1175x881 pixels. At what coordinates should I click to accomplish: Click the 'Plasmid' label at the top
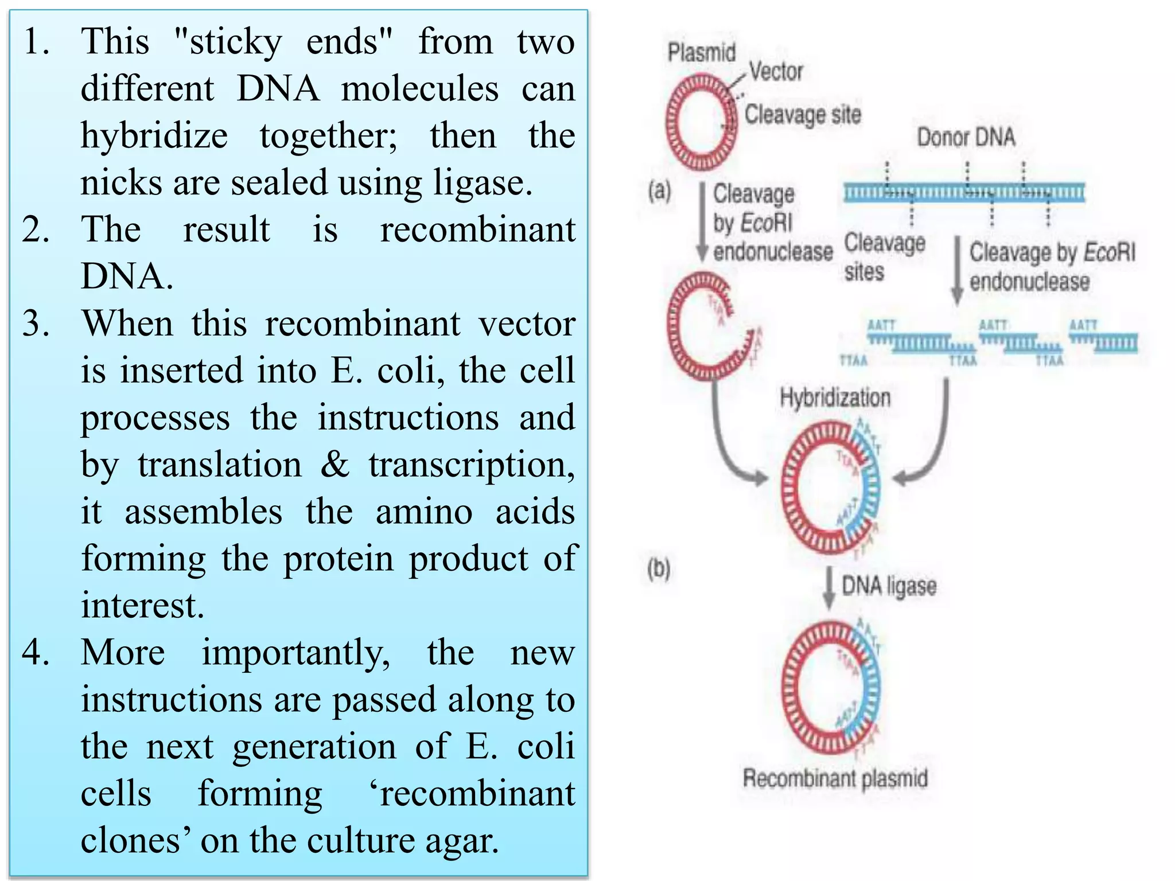click(x=701, y=53)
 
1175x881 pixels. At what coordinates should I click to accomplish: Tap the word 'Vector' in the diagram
click(x=776, y=72)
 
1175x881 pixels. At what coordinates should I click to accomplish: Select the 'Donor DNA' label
click(x=966, y=138)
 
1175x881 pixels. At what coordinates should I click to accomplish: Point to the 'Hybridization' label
click(x=835, y=397)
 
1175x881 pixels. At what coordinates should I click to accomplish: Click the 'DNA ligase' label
click(x=889, y=586)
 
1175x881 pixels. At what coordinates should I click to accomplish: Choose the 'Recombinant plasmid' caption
click(x=835, y=778)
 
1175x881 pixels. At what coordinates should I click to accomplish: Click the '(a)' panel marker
click(x=659, y=190)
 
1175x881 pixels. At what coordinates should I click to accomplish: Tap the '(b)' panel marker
click(x=659, y=569)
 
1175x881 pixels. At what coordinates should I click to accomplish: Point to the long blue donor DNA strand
click(x=964, y=193)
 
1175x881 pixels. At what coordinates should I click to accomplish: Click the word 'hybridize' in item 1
click(x=154, y=136)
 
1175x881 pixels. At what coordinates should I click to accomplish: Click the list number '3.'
click(x=36, y=323)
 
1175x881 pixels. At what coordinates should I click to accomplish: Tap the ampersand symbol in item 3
click(x=334, y=465)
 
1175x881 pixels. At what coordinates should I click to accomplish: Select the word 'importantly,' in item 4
click(x=295, y=653)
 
